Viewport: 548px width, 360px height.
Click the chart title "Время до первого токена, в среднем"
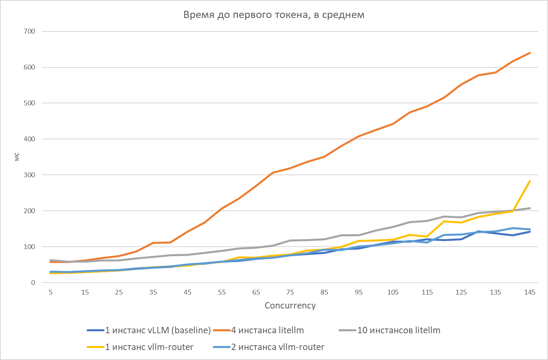point(274,15)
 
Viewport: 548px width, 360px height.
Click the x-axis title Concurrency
point(290,305)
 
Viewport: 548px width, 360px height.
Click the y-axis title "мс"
point(17,157)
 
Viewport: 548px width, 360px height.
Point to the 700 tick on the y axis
point(30,31)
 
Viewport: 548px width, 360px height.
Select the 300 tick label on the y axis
point(30,175)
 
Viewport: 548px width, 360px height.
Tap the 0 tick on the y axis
point(33,283)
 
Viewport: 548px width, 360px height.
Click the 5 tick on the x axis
point(51,292)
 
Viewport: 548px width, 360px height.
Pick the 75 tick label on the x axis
point(290,292)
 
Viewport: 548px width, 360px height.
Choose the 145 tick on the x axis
point(530,292)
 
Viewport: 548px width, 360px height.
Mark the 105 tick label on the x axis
point(393,292)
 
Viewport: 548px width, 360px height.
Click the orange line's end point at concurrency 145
point(530,53)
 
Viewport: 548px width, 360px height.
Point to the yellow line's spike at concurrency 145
point(530,181)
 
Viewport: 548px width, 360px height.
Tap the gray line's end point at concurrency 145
point(530,208)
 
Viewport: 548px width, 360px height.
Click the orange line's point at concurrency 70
point(273,172)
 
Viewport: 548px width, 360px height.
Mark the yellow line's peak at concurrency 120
point(444,221)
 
